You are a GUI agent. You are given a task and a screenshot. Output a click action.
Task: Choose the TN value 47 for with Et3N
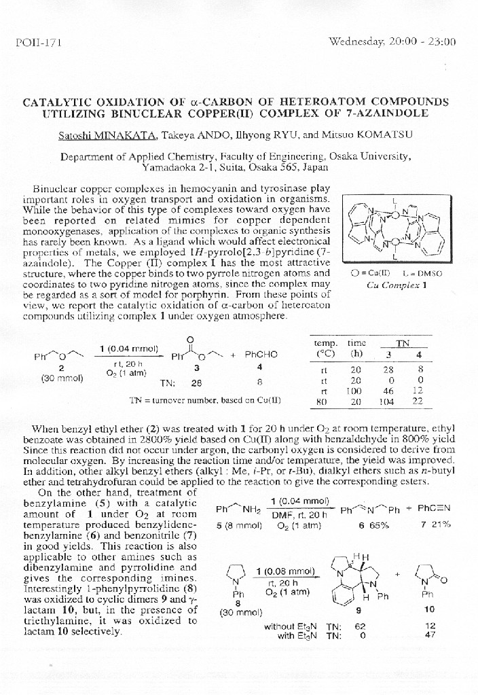tap(428, 636)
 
